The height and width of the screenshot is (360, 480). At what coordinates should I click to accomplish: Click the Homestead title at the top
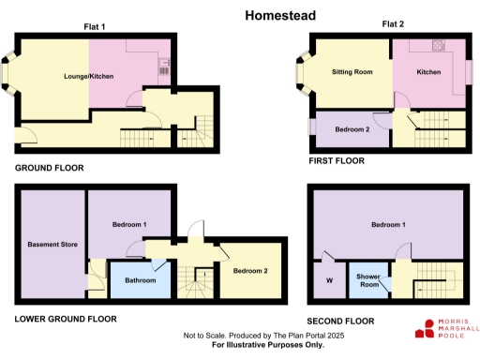(x=279, y=15)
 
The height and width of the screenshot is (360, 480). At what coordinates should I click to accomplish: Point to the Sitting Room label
(x=352, y=71)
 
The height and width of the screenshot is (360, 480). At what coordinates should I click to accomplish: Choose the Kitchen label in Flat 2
(x=428, y=71)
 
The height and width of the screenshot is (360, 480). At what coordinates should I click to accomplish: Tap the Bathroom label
(x=141, y=279)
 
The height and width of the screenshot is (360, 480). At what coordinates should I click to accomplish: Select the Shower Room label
(x=367, y=279)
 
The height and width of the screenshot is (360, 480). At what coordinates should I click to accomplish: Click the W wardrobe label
(x=329, y=279)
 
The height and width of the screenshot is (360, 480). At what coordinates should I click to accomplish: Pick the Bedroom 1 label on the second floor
(x=387, y=225)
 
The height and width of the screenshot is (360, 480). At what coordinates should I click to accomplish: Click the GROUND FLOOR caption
(x=49, y=168)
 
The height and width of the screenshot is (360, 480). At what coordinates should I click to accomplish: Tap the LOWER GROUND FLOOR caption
(x=66, y=319)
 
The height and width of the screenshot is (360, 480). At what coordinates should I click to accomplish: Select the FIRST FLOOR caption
(x=337, y=161)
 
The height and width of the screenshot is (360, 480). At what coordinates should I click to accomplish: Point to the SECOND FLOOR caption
(x=340, y=321)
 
